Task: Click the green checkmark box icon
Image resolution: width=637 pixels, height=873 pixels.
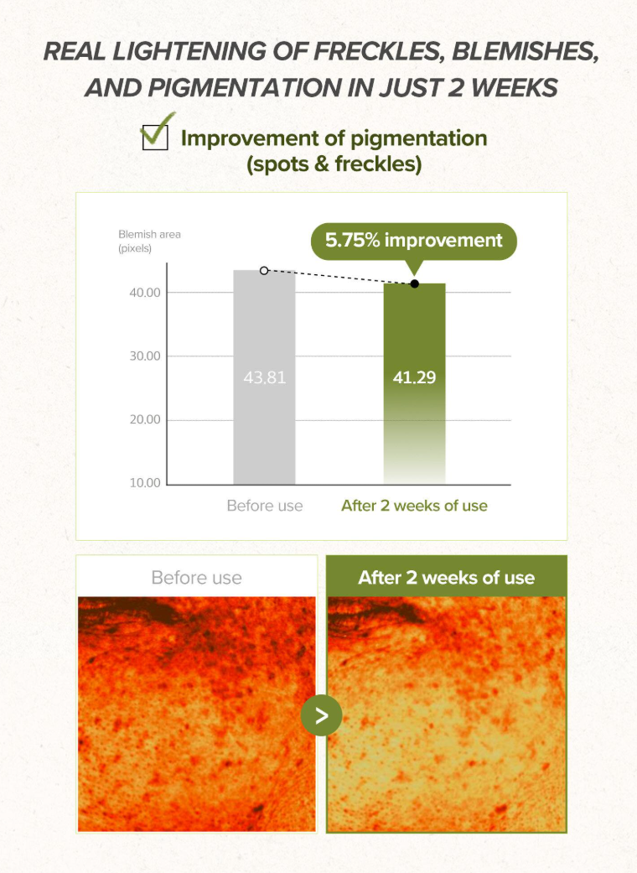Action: (x=157, y=133)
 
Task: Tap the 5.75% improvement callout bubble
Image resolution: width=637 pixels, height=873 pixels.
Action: (x=413, y=242)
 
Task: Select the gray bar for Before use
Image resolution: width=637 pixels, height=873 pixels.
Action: (x=264, y=377)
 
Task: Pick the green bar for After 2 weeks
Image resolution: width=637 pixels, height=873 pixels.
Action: (x=414, y=383)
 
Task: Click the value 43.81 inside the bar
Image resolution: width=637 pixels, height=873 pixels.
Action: (x=264, y=377)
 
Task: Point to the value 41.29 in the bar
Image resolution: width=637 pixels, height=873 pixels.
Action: (x=414, y=377)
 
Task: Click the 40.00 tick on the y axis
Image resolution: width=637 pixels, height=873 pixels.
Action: (x=145, y=293)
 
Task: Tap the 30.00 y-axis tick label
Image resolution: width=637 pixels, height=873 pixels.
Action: (x=145, y=356)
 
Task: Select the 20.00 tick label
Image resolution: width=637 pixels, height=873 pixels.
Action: (x=145, y=420)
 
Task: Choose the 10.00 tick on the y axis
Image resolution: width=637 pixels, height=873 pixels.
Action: (x=145, y=483)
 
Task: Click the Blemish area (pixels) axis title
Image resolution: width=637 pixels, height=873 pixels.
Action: (x=149, y=241)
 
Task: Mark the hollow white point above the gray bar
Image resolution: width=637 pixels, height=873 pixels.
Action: (x=264, y=271)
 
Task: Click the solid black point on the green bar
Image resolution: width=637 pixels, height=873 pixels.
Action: (x=414, y=284)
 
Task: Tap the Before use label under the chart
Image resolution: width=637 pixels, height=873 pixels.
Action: (x=265, y=506)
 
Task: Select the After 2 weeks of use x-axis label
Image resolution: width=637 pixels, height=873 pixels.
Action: (x=414, y=506)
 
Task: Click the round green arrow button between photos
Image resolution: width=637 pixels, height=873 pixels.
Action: (x=322, y=715)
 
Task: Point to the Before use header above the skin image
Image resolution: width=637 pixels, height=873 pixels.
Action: (x=196, y=577)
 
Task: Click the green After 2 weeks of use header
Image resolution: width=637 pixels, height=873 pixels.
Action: (x=446, y=577)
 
